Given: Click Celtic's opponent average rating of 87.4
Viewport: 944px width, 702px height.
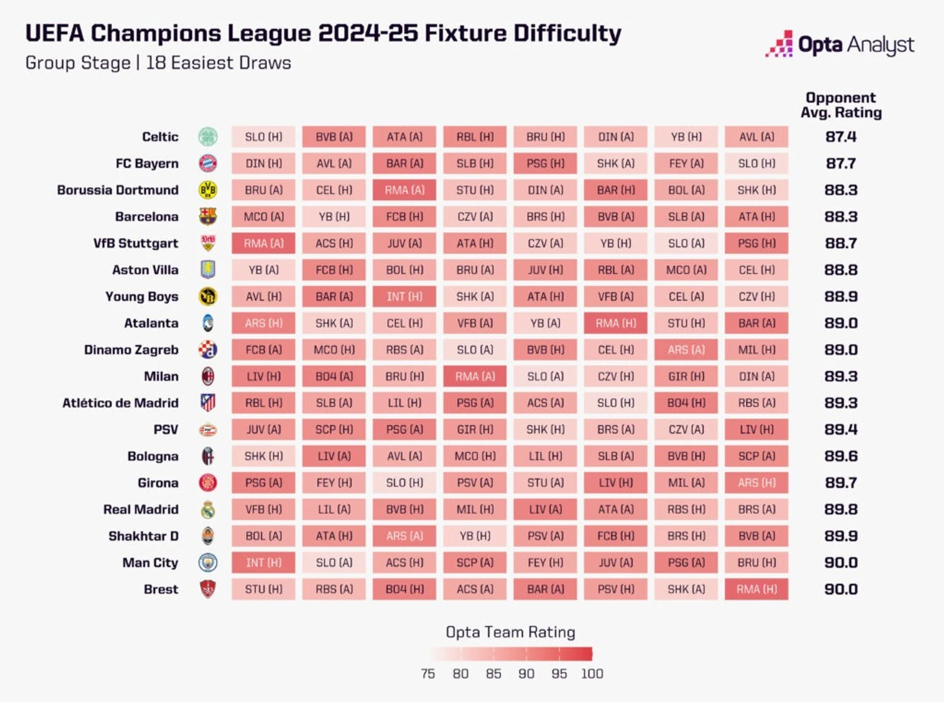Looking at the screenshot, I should coord(841,137).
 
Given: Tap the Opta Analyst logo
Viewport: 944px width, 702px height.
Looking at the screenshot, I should coord(839,45).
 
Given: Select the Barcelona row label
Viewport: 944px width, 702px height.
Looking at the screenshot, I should coord(147,217).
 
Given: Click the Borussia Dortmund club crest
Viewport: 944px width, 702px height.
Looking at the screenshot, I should coord(208,190).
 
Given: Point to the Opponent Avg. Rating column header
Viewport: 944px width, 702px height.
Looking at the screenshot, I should coord(841,105).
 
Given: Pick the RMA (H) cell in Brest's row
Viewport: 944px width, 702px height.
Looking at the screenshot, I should coord(756,590).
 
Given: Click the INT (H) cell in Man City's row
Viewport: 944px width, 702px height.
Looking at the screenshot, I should coord(264,563).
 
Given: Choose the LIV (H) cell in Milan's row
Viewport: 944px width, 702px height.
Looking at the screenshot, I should coord(264,376).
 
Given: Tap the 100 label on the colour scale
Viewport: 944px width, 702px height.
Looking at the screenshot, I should coord(592,674).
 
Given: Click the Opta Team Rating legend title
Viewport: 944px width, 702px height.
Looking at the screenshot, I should coord(510,632).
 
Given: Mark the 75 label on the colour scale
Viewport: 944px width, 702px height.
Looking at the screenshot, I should coord(428,674).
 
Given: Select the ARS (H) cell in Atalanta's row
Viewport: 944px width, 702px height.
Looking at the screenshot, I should coord(264,323).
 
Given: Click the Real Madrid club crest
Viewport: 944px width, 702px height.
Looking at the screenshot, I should coord(208,510).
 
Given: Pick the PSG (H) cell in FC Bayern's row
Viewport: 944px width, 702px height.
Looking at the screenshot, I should coord(546,164).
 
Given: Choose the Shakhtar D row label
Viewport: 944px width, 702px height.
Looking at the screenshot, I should coord(144,537).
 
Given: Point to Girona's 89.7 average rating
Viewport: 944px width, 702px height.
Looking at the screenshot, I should coord(841,483).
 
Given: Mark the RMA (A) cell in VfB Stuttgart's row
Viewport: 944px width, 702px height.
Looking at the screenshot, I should coord(264,244).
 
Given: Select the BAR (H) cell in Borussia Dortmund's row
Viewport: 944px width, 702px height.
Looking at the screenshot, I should coord(616,190).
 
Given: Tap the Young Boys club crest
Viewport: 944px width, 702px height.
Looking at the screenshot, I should coord(208,297).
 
